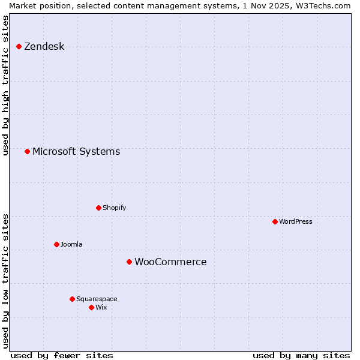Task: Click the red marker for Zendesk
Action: tap(19, 46)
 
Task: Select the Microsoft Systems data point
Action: tap(27, 151)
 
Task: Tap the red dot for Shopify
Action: tap(98, 208)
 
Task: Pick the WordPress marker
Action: tap(275, 221)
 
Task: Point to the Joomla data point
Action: tap(56, 244)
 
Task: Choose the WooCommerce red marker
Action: tap(129, 262)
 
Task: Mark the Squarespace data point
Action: tap(72, 299)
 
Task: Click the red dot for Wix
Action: tap(91, 307)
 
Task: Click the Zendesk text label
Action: tap(44, 47)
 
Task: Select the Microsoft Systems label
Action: tap(76, 152)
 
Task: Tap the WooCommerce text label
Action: tap(170, 262)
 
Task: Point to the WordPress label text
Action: tap(296, 222)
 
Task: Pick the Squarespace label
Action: tap(97, 299)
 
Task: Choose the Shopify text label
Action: tap(114, 208)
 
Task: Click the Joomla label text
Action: tap(71, 245)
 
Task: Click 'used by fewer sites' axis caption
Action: tap(61, 356)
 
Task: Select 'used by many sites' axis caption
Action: tap(301, 356)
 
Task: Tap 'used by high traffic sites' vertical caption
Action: tap(5, 85)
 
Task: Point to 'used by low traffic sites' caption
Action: tap(5, 281)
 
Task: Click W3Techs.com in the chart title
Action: tap(323, 5)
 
